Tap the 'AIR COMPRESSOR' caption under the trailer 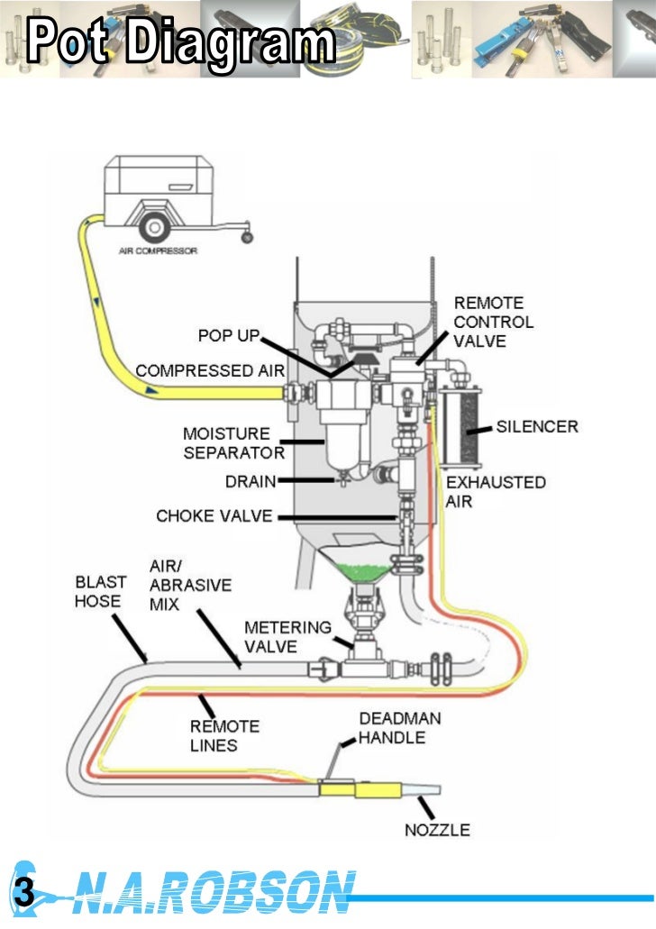point(158,250)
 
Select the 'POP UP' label point(229,336)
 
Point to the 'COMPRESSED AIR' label point(210,370)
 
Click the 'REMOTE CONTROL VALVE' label point(493,322)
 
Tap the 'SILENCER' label point(537,426)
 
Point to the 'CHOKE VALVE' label point(211,516)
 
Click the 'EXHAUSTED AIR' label point(496,491)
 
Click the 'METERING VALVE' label point(288,636)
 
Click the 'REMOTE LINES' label point(224,735)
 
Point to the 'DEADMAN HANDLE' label point(392,728)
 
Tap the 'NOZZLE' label point(437,829)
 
